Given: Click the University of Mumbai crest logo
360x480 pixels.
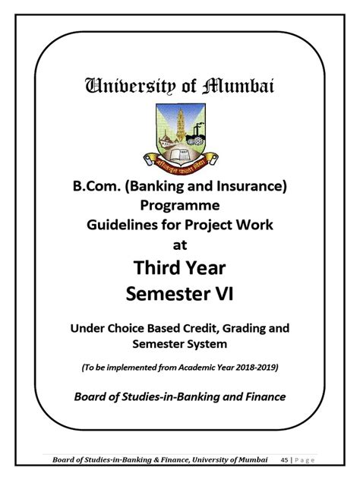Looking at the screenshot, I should [x=179, y=134].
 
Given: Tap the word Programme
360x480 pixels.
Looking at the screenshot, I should [x=179, y=206].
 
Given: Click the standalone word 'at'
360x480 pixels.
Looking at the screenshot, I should [x=179, y=245].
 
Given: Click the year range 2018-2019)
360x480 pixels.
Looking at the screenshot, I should [x=255, y=368].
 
